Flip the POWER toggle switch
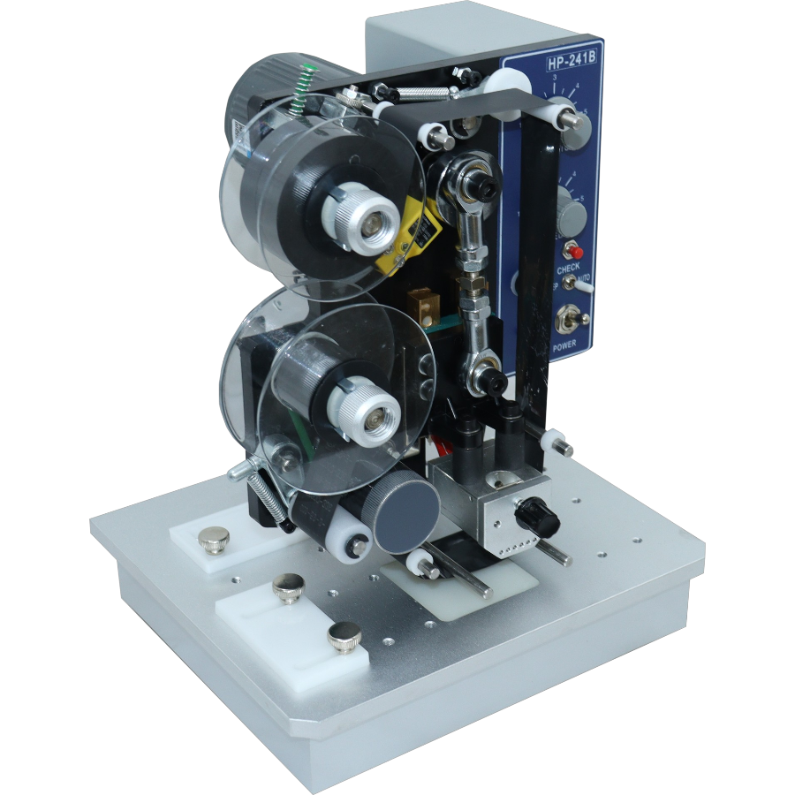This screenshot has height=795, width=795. click(x=564, y=319)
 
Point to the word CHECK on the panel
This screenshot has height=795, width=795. click(x=568, y=267)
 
